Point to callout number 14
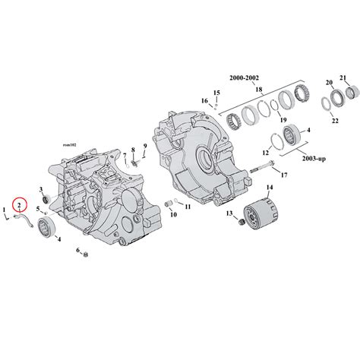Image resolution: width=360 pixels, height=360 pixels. [x=269, y=187]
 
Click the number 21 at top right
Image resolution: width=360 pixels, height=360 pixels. [x=343, y=77]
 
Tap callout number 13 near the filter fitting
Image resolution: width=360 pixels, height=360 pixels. [x=229, y=215]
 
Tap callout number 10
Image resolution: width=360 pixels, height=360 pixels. [x=174, y=215]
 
